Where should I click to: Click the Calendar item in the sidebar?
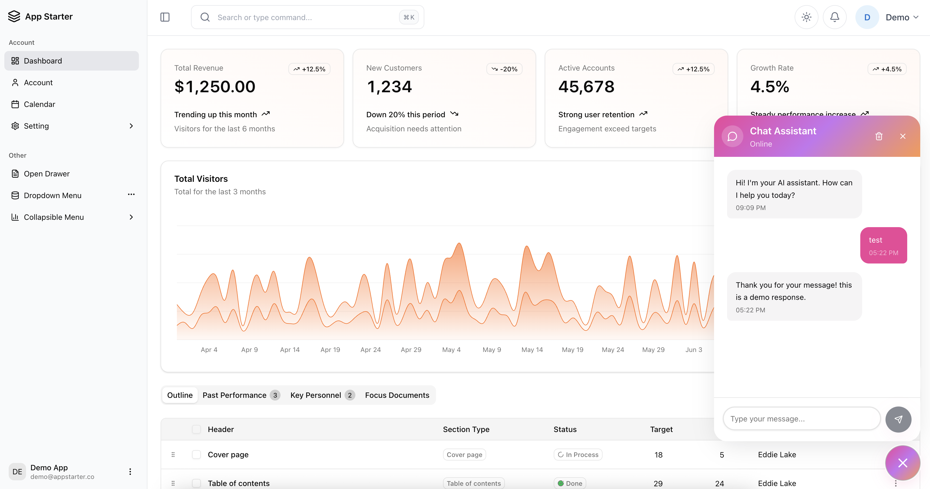point(39,104)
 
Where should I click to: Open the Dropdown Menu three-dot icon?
point(131,195)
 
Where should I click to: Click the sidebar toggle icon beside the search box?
point(165,17)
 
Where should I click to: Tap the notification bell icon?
point(834,17)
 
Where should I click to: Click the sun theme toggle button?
point(806,17)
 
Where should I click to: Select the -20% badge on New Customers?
point(504,69)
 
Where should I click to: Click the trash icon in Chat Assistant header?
point(879,136)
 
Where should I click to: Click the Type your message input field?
point(801,419)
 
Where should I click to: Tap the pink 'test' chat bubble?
point(883,246)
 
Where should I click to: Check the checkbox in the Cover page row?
point(196,455)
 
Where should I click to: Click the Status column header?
point(565,429)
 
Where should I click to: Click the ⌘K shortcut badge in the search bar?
point(409,17)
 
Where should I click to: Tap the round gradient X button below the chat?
point(902,463)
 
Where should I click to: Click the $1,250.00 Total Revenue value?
point(215,87)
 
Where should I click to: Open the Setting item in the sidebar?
point(36,126)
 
